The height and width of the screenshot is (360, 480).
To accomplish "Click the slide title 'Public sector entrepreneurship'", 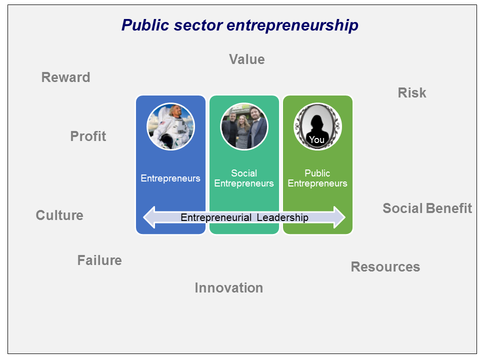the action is (239, 25).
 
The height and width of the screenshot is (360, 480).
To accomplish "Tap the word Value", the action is (246, 59).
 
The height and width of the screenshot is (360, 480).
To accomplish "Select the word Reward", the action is (66, 77).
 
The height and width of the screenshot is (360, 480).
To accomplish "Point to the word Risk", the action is (411, 93).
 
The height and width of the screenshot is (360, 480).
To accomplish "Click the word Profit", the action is (88, 136).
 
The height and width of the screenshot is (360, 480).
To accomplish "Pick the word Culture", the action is (59, 215).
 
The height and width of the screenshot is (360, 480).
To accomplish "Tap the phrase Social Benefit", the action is (427, 208).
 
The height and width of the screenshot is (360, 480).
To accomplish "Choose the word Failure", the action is (99, 260).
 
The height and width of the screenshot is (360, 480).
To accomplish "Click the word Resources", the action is (385, 266).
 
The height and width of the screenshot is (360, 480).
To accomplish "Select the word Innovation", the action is (229, 288).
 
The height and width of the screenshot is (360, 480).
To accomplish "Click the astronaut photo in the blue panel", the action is (171, 126).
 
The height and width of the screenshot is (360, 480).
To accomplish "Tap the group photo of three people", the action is (244, 126).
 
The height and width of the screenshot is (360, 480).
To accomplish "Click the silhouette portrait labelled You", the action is (317, 126).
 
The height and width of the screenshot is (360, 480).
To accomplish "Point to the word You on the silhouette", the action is (316, 140).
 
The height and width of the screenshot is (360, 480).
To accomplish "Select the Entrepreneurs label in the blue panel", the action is (170, 178).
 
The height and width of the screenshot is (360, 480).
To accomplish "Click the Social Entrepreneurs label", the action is (244, 178).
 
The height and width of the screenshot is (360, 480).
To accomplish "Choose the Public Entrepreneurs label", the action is (317, 178).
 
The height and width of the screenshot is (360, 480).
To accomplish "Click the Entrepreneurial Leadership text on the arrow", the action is (244, 217).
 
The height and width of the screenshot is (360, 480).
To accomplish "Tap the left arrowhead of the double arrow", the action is (149, 217).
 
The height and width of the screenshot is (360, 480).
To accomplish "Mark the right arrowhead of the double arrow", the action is (339, 217).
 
